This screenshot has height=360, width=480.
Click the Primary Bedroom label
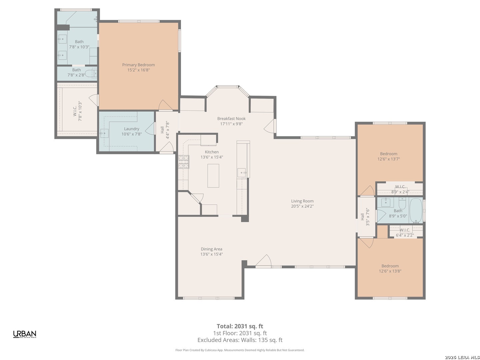point(138,65)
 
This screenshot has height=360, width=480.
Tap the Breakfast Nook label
point(231,118)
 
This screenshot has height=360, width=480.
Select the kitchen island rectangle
point(213,176)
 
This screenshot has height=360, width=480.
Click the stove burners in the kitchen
point(183,162)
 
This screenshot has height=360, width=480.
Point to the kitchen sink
point(241,172)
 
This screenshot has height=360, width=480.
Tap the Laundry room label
point(131,129)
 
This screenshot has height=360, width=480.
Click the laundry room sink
point(104,133)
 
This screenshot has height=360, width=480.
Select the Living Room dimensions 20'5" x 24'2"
point(302,206)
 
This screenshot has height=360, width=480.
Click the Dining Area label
point(211,249)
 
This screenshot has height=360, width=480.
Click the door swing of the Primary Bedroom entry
point(165,105)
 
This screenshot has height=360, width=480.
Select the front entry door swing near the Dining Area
point(263,260)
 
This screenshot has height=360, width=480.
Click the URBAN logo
point(25,334)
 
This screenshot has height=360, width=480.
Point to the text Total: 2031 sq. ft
point(240,326)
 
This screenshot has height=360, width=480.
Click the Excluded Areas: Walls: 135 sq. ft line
point(240,340)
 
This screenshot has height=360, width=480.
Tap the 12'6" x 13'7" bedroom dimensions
point(389,159)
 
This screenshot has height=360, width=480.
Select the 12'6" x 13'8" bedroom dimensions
point(390,271)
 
